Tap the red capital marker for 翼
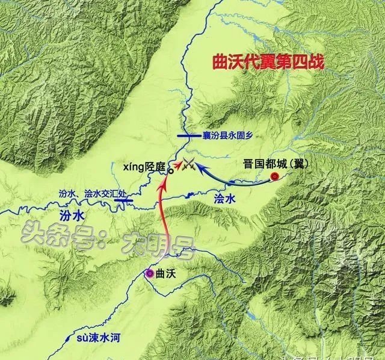click(275, 176)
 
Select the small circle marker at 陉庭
click(171, 170)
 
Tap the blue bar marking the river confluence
click(125, 202)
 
